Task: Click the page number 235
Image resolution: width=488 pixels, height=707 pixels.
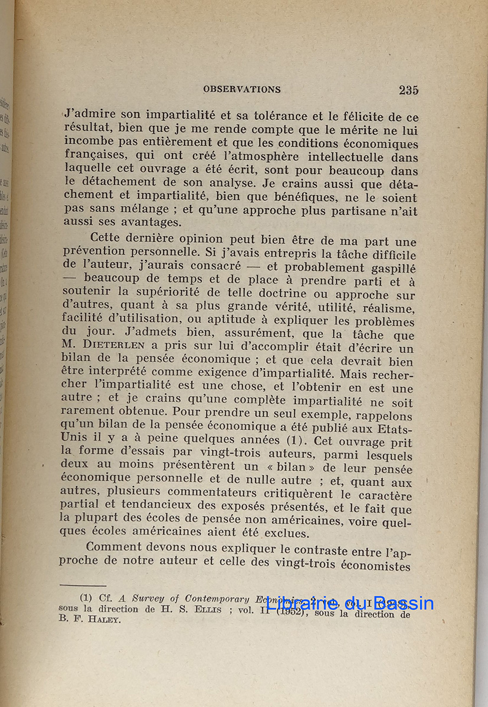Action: (x=408, y=90)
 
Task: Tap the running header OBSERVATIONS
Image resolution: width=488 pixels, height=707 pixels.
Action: (x=242, y=90)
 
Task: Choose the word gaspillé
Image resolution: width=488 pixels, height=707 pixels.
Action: (x=389, y=268)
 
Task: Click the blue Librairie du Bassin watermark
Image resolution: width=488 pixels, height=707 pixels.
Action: (x=349, y=603)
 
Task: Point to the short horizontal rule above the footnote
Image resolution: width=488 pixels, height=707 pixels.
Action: (x=83, y=586)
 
